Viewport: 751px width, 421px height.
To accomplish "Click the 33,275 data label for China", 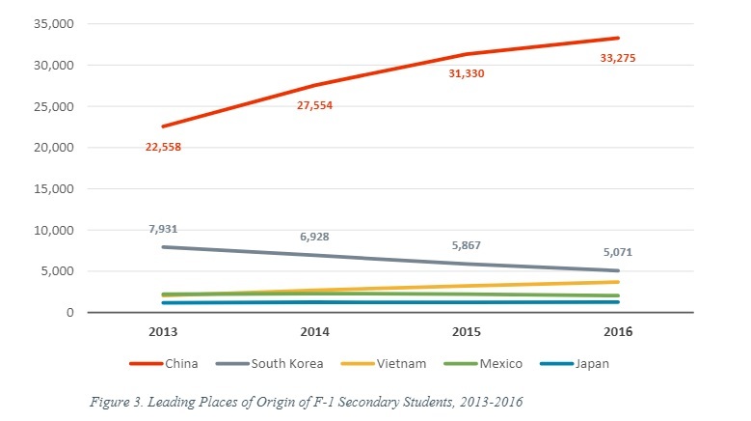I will [617, 59].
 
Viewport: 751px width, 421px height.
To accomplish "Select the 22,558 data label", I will [163, 147].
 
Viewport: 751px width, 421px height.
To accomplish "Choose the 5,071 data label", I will [619, 253].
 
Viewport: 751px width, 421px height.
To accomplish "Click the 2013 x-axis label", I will [163, 331].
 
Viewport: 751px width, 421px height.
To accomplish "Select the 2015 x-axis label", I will [467, 331].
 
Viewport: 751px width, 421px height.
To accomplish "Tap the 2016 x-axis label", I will [619, 331].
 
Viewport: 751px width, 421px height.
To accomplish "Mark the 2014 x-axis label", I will [315, 331].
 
